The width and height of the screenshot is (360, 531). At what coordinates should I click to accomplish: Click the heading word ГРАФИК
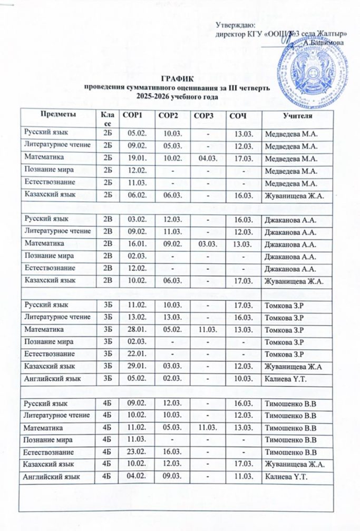[x=180, y=78]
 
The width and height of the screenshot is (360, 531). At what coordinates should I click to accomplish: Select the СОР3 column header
[x=203, y=115]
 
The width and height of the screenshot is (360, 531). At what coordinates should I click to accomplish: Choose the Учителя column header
[x=298, y=115]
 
